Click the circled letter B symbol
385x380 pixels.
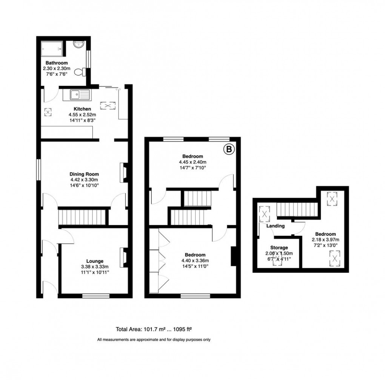(x=229, y=150)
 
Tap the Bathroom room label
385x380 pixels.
(x=57, y=63)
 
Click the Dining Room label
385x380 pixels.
(x=84, y=174)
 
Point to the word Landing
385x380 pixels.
(x=275, y=226)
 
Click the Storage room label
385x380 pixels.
(x=279, y=247)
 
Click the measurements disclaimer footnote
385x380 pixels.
(x=154, y=340)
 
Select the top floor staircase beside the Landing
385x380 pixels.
(x=296, y=209)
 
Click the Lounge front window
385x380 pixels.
(x=96, y=296)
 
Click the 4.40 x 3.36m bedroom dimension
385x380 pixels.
(x=195, y=260)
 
